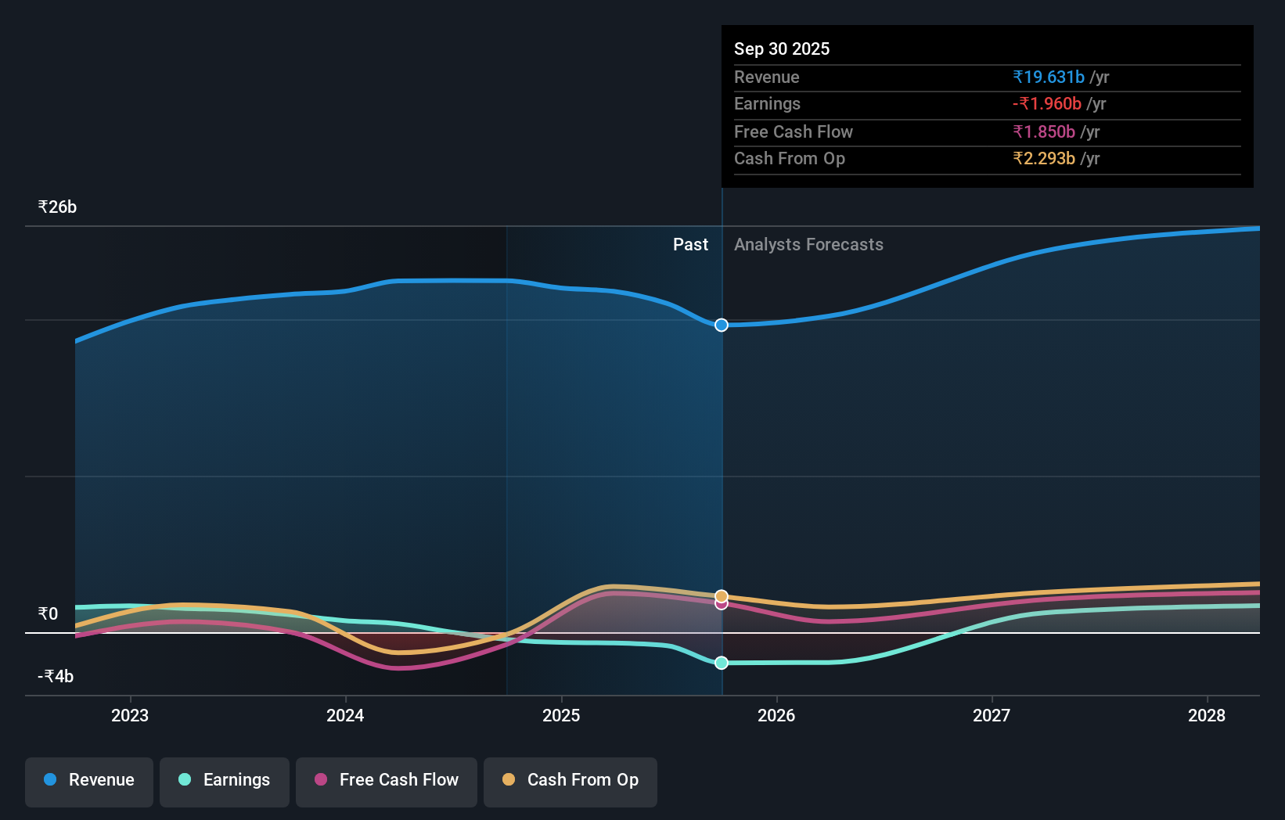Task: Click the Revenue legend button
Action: pos(89,780)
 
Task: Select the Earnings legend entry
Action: pos(225,780)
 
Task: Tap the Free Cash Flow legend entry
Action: pos(387,780)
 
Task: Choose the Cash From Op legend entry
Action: pos(571,780)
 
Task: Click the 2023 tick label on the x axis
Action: pos(130,715)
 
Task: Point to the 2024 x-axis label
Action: pos(345,715)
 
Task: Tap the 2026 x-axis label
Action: pos(776,715)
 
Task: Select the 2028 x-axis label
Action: pos(1207,715)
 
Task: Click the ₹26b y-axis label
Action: pos(58,207)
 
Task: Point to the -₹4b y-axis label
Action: pos(56,676)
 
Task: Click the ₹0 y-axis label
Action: pos(49,613)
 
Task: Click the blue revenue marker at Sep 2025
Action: pos(722,325)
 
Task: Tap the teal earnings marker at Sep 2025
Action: pos(722,663)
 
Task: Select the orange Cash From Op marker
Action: pos(722,596)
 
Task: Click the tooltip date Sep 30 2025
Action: pos(782,49)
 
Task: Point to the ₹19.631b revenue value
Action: pos(1049,77)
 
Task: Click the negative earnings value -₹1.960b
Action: pos(1047,103)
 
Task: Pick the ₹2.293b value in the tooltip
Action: pos(1044,158)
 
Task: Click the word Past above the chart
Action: pos(690,244)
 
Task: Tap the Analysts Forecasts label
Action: pos(808,244)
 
